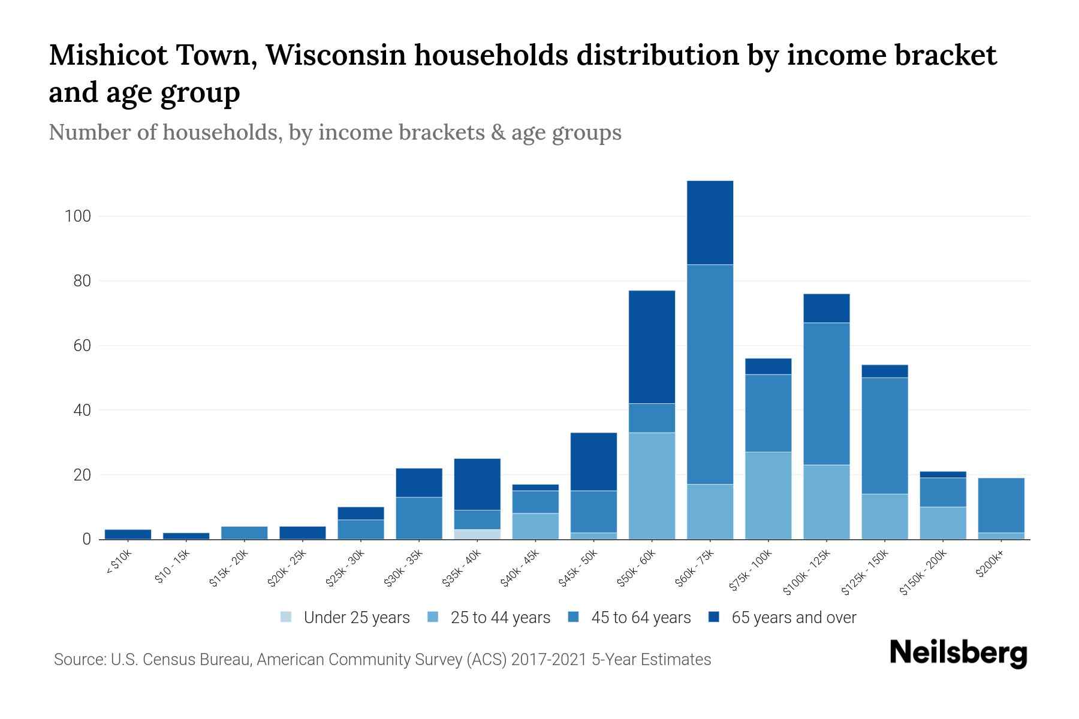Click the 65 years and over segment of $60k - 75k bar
click(x=710, y=222)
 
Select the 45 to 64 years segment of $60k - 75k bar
click(x=710, y=374)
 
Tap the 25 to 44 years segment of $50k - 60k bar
click(x=652, y=486)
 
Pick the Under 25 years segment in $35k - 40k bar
click(x=477, y=534)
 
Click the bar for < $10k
click(x=128, y=534)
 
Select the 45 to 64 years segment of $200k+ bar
click(x=1001, y=505)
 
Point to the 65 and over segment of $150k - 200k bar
click(x=943, y=475)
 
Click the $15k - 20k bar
click(x=244, y=533)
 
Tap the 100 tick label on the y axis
click(x=77, y=216)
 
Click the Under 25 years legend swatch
click(x=287, y=617)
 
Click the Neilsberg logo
click(x=958, y=653)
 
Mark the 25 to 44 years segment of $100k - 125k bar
click(x=827, y=502)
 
